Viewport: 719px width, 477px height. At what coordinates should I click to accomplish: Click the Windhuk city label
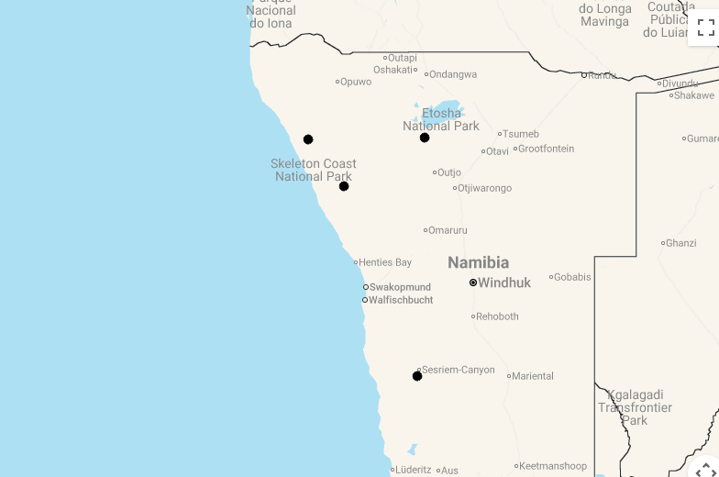click(503, 283)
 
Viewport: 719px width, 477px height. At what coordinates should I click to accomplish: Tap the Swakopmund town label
click(400, 287)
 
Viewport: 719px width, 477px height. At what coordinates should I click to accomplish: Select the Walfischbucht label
click(401, 300)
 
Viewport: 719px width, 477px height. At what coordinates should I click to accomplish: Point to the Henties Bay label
click(385, 262)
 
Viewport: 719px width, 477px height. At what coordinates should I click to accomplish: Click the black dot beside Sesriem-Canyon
click(417, 376)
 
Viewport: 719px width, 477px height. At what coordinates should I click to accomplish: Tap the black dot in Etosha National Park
click(425, 138)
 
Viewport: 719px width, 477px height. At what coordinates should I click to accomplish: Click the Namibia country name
click(478, 262)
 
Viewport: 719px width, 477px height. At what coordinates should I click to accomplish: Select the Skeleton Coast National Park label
click(314, 170)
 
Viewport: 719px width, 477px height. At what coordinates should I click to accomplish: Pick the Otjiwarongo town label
click(484, 188)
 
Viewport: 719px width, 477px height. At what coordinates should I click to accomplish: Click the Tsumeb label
click(520, 134)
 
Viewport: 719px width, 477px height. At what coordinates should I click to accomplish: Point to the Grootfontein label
click(546, 149)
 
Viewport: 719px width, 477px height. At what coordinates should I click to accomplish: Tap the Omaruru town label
click(448, 230)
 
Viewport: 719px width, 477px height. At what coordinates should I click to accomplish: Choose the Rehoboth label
click(497, 316)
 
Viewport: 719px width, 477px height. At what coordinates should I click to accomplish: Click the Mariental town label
click(533, 376)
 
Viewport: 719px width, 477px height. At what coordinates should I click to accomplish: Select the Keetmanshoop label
click(553, 466)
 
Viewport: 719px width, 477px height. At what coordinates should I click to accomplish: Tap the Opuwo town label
click(356, 82)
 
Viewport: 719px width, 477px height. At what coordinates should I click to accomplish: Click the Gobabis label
click(572, 277)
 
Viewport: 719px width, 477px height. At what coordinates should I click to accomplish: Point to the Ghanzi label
click(680, 243)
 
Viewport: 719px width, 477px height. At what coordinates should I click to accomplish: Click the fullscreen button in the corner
click(705, 27)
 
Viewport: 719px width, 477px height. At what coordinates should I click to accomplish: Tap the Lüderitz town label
click(413, 470)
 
